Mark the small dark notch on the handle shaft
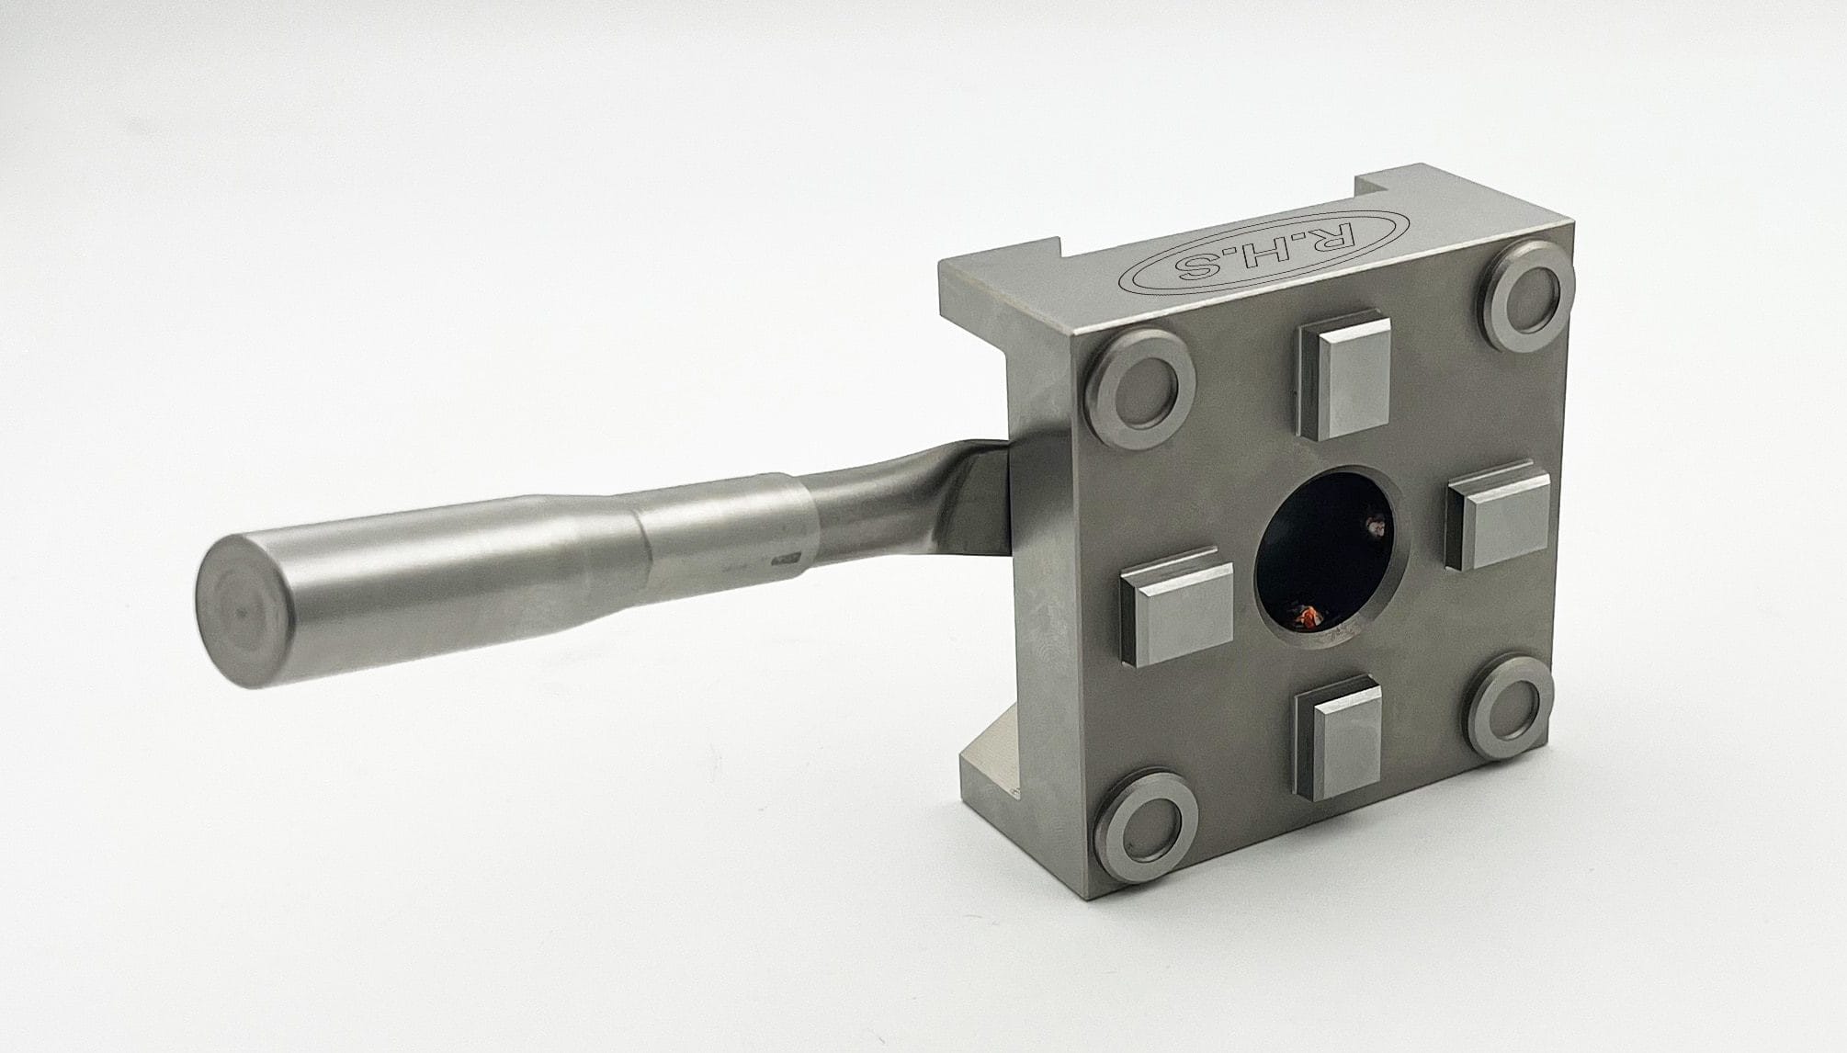point(787,558)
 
